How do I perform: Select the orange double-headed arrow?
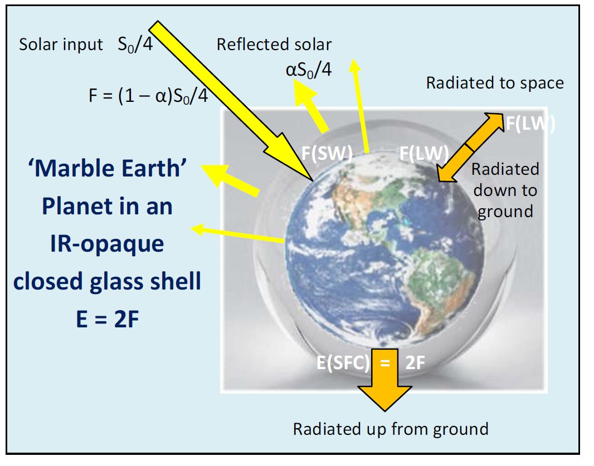tap(470, 147)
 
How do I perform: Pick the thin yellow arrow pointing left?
tap(237, 234)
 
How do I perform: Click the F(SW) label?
tap(327, 154)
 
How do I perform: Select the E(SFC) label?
tap(343, 362)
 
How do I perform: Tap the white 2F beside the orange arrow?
tap(415, 362)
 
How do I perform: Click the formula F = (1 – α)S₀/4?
tap(148, 96)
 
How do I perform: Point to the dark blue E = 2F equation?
tap(108, 319)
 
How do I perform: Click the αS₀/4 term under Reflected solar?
tap(309, 70)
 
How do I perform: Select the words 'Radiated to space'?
tap(495, 83)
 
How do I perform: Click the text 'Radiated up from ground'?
tap(391, 429)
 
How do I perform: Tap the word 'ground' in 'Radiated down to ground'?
tap(505, 212)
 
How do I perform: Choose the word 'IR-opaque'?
tap(107, 244)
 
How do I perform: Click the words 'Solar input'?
tap(61, 45)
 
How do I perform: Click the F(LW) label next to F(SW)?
tap(424, 154)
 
